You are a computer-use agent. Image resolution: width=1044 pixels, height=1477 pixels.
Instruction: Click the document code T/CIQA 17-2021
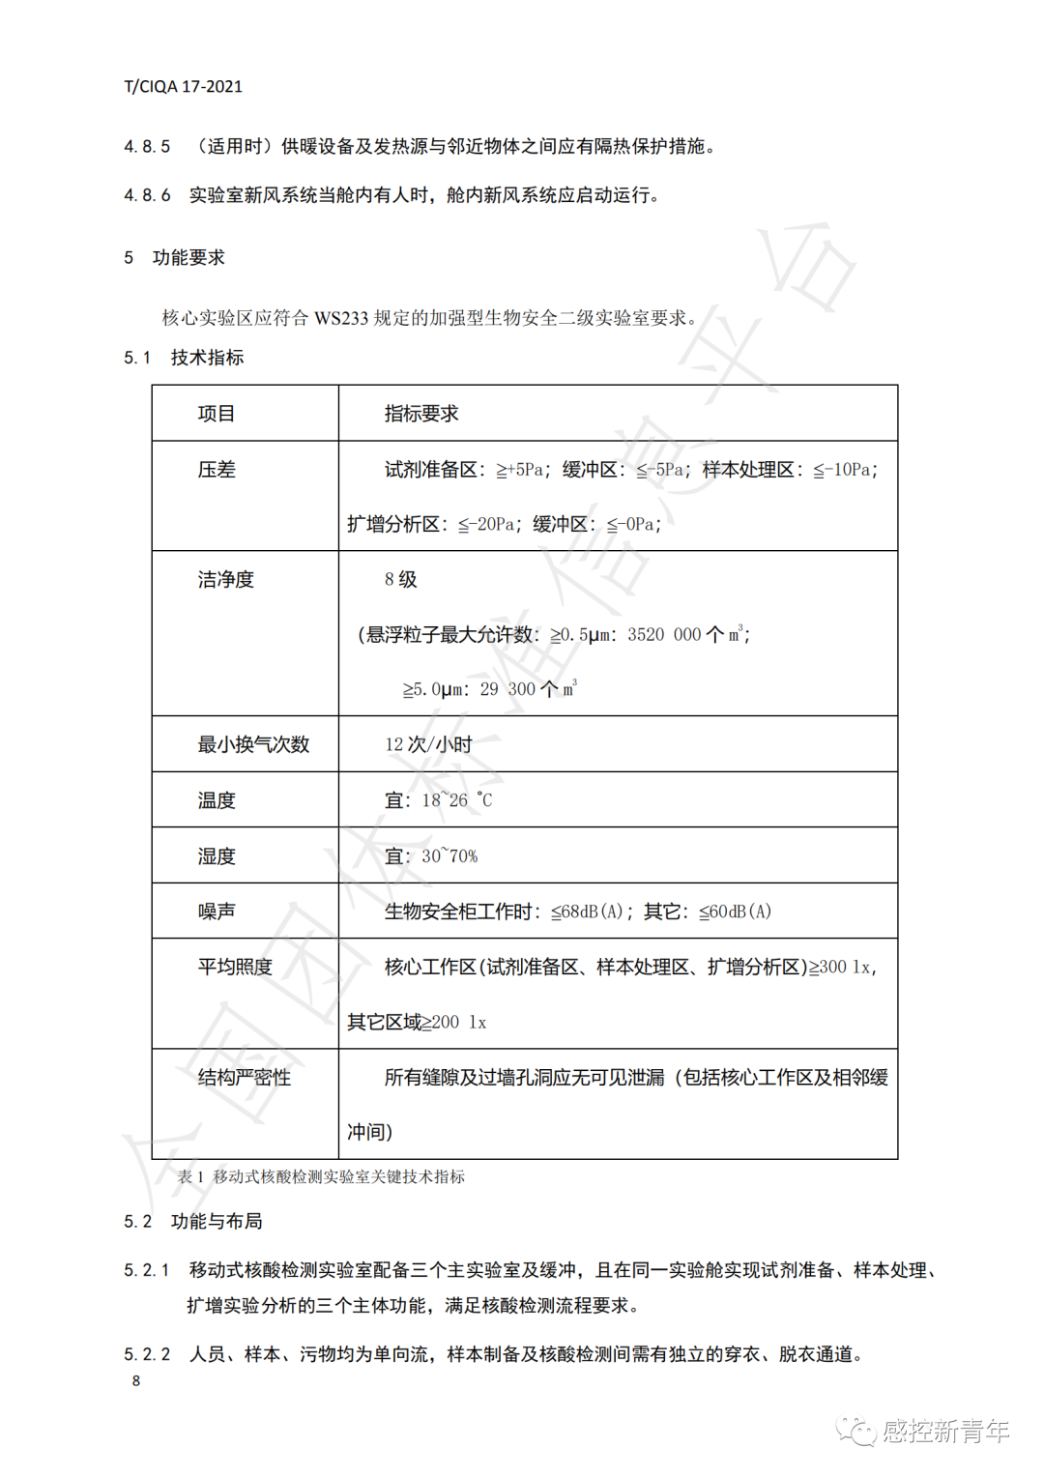pos(183,86)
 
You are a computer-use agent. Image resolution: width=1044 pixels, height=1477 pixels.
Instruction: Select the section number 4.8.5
pos(147,147)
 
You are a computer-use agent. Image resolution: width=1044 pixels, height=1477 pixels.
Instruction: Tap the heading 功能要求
pos(188,258)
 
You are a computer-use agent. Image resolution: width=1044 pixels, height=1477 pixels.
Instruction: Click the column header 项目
pos(217,414)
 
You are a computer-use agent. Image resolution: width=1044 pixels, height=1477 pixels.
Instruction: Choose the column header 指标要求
pos(421,414)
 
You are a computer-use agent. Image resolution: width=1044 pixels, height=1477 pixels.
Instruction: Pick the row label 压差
pos(217,470)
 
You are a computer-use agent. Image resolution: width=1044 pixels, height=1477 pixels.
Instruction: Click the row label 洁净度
pos(225,580)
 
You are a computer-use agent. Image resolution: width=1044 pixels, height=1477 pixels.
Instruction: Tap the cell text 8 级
pos(400,580)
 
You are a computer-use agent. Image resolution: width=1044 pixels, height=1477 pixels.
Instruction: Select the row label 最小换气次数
pos(253,744)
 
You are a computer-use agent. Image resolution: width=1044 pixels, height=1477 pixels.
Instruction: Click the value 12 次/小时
pos(428,744)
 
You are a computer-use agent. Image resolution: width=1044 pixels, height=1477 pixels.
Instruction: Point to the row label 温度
pos(217,800)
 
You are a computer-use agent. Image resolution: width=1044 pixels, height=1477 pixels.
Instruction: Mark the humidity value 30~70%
pos(449,856)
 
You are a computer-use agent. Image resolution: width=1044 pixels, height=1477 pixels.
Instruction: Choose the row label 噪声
pos(217,912)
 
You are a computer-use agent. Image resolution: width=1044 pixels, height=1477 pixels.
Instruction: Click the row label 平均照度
pos(235,967)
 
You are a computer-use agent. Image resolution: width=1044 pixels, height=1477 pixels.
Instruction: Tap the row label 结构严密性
pos(244,1078)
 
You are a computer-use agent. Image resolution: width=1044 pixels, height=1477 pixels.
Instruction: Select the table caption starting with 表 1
pos(321,1176)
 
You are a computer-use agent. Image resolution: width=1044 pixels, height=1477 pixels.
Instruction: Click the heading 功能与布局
pos(217,1222)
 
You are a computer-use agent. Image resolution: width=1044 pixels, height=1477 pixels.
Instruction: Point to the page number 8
pos(136,1380)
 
